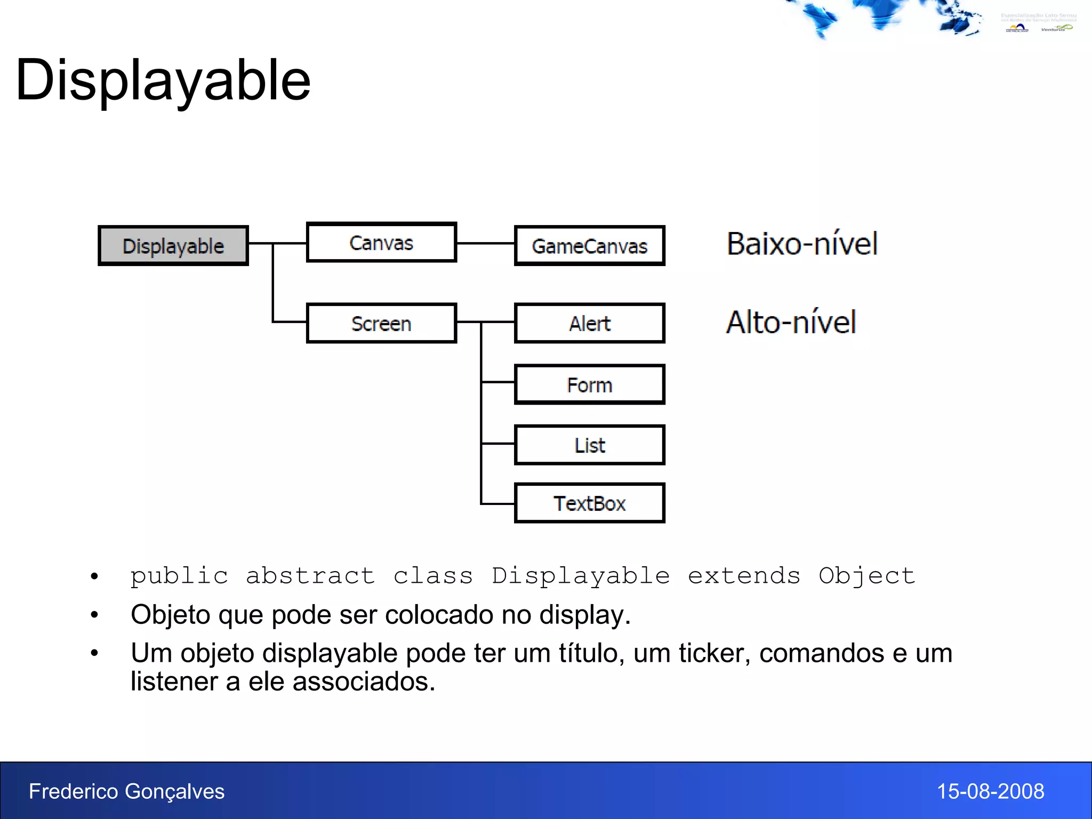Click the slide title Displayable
(x=163, y=80)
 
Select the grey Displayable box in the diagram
(x=173, y=246)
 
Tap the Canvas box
(x=381, y=243)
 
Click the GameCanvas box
(x=589, y=246)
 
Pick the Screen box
(x=381, y=323)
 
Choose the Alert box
(x=589, y=323)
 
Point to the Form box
(x=589, y=384)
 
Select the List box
(x=589, y=445)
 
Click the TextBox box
(x=589, y=503)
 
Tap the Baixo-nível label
(x=802, y=244)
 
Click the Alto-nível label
(x=791, y=323)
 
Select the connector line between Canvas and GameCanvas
(x=485, y=243)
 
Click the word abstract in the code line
(x=310, y=576)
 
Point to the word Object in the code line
(x=867, y=576)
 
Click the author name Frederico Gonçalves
(x=127, y=791)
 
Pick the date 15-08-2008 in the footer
(x=990, y=791)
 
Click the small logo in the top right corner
(x=1038, y=23)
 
